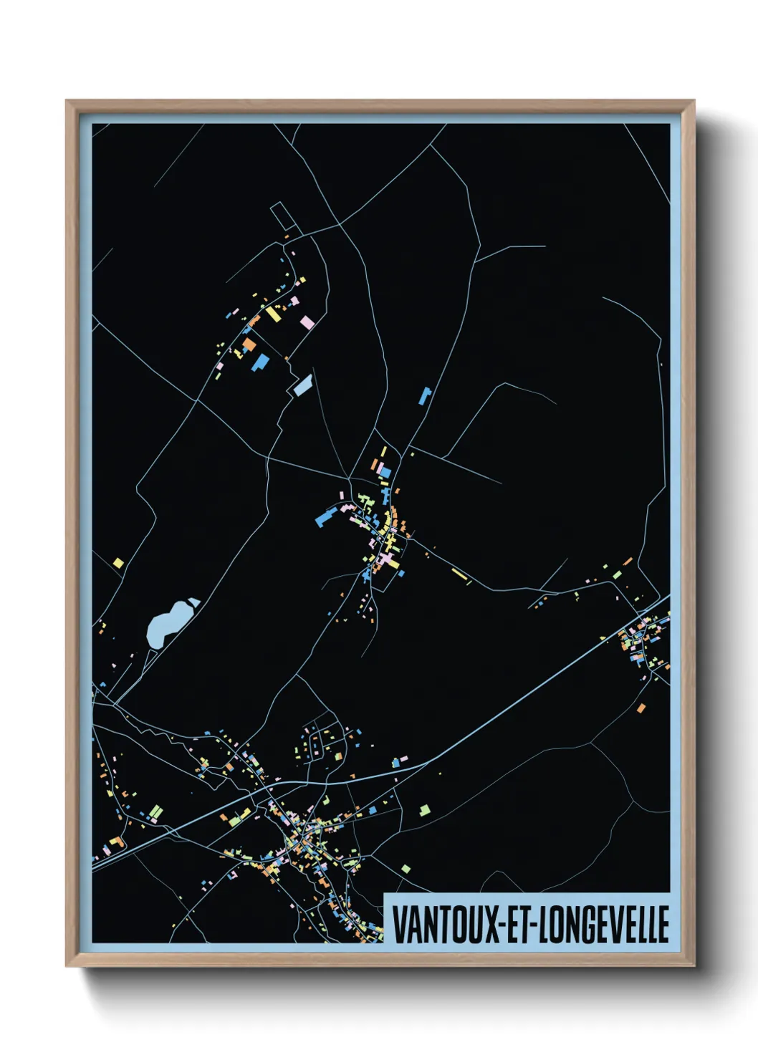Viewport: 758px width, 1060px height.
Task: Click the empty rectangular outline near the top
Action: pos(282,216)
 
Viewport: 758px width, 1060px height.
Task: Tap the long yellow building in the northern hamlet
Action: pos(272,314)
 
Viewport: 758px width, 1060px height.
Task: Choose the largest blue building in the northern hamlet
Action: pos(259,362)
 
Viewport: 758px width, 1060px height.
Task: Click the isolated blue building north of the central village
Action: pos(425,395)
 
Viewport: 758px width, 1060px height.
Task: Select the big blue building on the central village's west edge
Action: pos(326,517)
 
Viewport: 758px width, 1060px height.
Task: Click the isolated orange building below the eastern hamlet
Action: pos(641,708)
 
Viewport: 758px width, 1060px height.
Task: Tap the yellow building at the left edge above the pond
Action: pos(118,563)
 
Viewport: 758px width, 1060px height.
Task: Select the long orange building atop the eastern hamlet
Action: pos(628,562)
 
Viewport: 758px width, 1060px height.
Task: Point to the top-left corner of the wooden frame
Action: pos(67,101)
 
